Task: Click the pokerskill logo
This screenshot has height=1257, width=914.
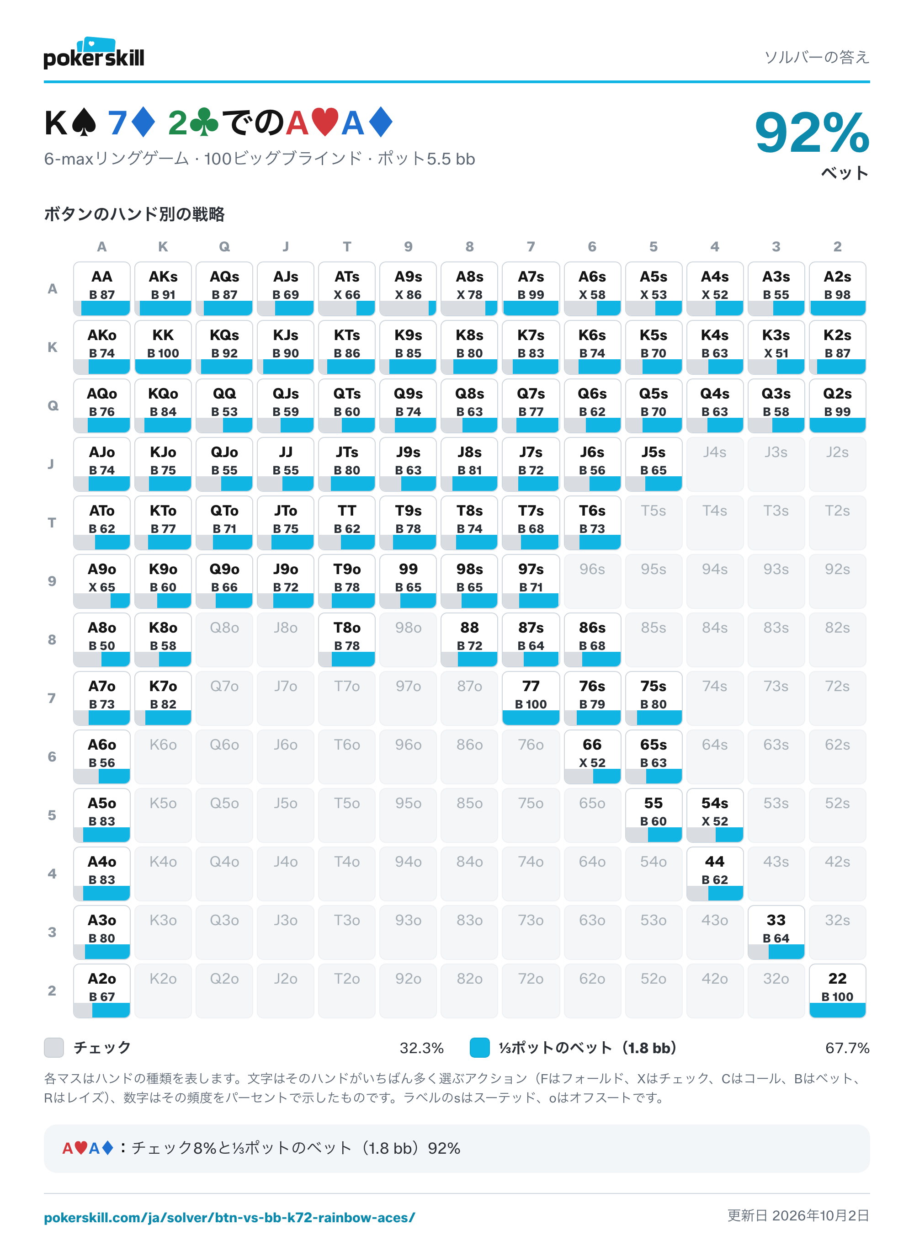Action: pyautogui.click(x=94, y=53)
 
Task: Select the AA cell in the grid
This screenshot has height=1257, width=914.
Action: pyautogui.click(x=102, y=289)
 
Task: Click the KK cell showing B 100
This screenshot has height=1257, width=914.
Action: pyautogui.click(x=163, y=347)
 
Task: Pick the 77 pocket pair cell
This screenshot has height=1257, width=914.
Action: pyautogui.click(x=531, y=698)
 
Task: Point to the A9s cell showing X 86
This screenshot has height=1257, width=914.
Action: pyautogui.click(x=409, y=289)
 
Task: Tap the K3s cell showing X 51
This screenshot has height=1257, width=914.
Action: pyautogui.click(x=776, y=347)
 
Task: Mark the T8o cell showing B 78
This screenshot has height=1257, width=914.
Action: pyautogui.click(x=347, y=639)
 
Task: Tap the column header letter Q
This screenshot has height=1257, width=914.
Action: pyautogui.click(x=224, y=247)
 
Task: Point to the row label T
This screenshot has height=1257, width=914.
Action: pyautogui.click(x=52, y=522)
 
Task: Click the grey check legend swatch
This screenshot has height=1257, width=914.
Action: pyautogui.click(x=54, y=1048)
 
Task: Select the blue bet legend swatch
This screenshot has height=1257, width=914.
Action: pyautogui.click(x=480, y=1048)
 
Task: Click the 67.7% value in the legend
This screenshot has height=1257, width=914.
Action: pyautogui.click(x=847, y=1048)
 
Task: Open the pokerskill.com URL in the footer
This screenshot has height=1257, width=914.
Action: pyautogui.click(x=229, y=1218)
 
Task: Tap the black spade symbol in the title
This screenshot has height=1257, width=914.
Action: pyautogui.click(x=85, y=123)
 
